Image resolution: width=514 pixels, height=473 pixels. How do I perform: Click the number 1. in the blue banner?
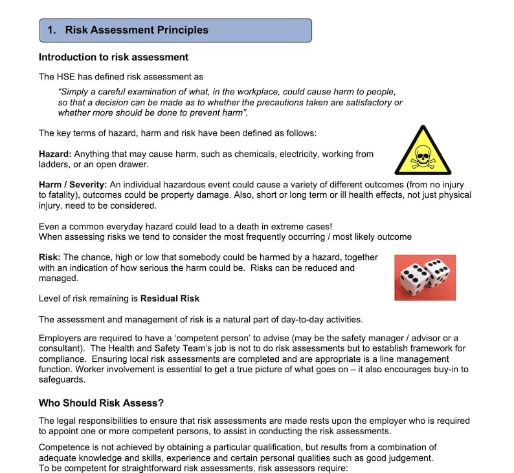(x=52, y=30)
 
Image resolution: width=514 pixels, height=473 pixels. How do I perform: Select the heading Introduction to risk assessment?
(x=113, y=57)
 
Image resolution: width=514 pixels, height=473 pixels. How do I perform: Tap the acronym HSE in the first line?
(x=67, y=76)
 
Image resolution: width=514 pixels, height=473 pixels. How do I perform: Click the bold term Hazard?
(x=55, y=154)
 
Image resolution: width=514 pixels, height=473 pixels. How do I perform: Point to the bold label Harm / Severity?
(x=74, y=185)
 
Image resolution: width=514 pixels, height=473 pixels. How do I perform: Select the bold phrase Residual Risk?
(x=170, y=299)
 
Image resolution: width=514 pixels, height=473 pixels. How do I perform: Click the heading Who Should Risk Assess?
(x=102, y=403)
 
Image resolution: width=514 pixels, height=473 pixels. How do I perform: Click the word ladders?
(x=54, y=164)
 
